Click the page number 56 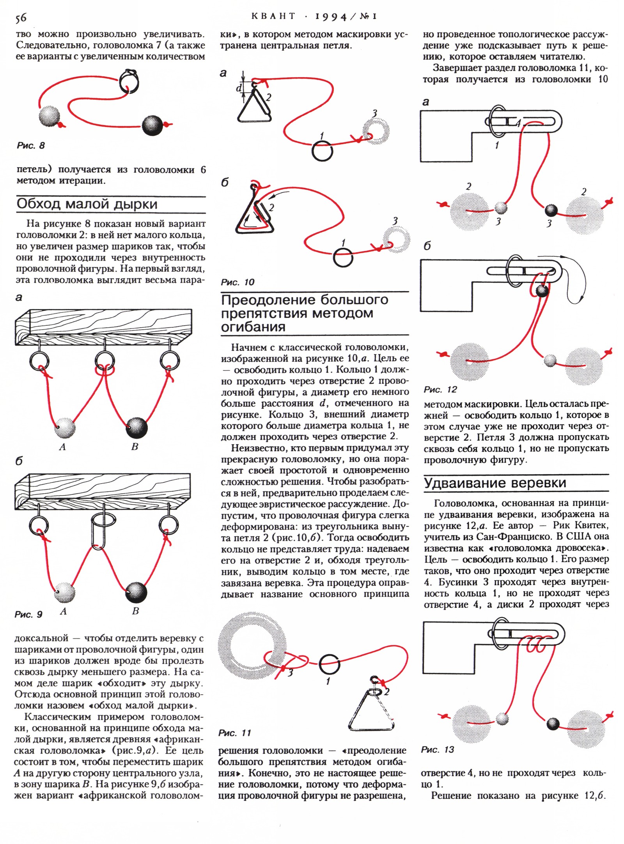(x=21, y=18)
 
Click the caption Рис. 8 (x=31, y=146)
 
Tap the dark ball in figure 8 (x=152, y=125)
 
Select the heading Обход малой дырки (x=87, y=204)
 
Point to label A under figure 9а (x=62, y=447)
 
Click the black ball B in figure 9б (x=136, y=593)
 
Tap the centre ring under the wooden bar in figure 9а (x=105, y=361)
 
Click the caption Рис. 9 (x=28, y=614)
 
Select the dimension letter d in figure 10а (x=239, y=88)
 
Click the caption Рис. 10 (x=237, y=282)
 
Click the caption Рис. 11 (x=234, y=733)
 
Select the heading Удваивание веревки (x=495, y=483)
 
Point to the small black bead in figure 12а (x=551, y=210)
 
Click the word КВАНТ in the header (x=273, y=16)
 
